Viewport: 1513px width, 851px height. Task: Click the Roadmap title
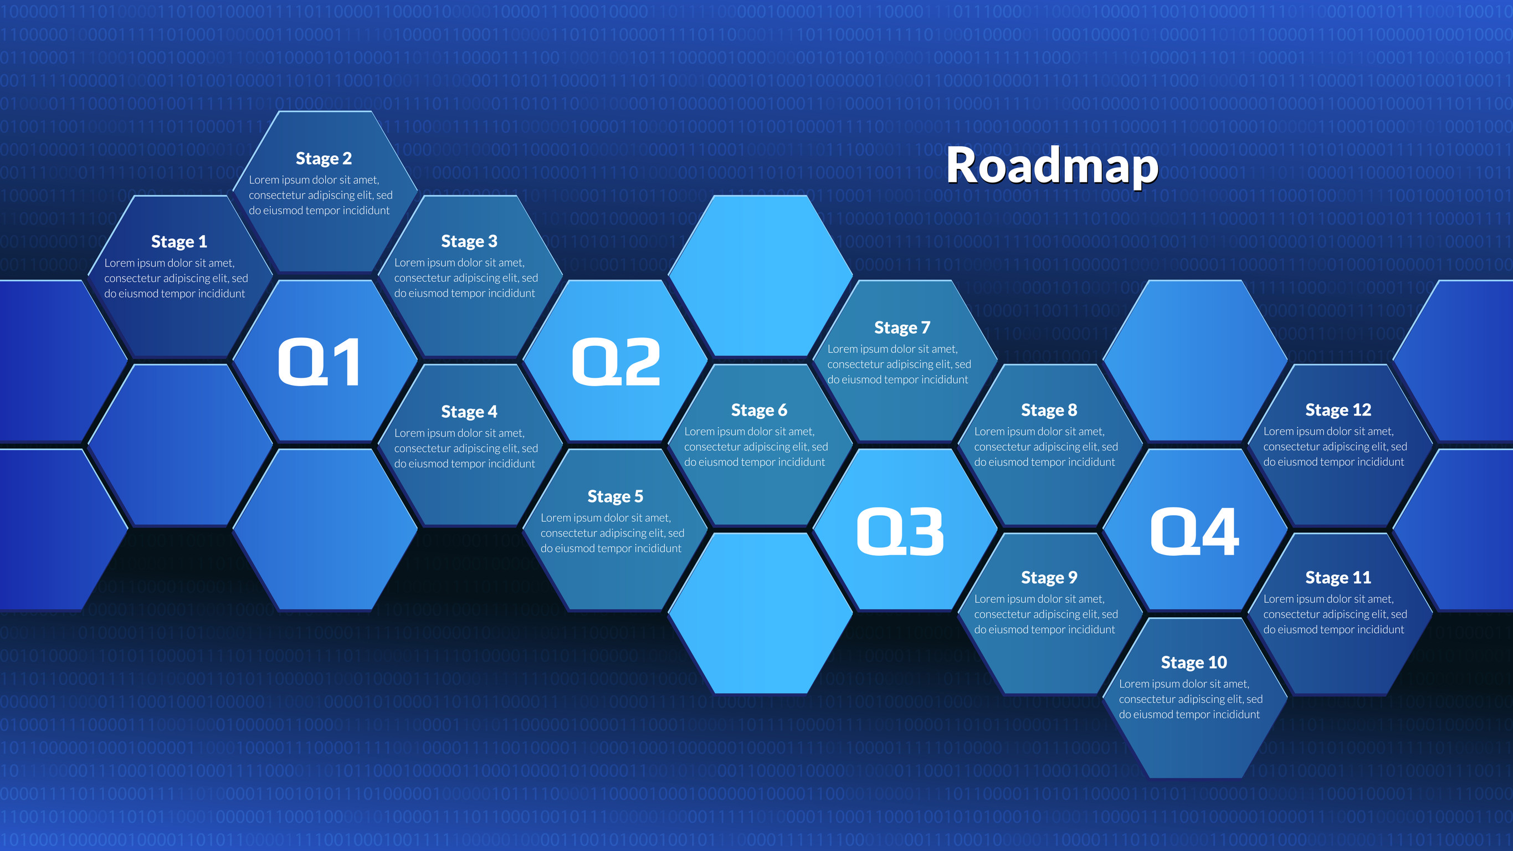tap(1052, 166)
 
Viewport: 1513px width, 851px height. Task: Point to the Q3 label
tap(900, 531)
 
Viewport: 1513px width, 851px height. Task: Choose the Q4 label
tap(1194, 531)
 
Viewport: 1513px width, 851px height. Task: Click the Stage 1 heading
tap(179, 242)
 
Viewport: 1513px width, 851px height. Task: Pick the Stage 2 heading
tap(324, 158)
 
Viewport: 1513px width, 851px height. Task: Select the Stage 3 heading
tap(469, 241)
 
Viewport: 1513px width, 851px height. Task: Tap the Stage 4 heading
tap(469, 411)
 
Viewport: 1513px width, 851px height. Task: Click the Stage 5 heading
tap(616, 496)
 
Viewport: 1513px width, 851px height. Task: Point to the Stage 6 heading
tap(759, 410)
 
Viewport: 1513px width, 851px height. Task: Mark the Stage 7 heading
tap(902, 327)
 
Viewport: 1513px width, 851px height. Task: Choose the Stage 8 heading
tap(1049, 410)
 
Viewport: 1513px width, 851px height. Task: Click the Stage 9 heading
tap(1049, 577)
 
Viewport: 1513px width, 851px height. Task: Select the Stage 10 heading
tap(1194, 662)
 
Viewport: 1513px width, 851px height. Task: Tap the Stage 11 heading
tap(1338, 577)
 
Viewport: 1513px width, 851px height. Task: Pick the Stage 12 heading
tap(1338, 409)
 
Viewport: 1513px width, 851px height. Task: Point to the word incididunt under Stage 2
tap(365, 210)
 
